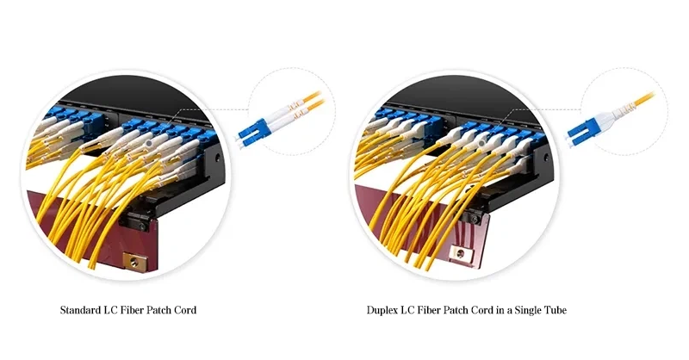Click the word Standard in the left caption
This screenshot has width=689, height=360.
click(80, 310)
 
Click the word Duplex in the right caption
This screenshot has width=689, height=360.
click(382, 311)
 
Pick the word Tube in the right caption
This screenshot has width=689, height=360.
click(556, 310)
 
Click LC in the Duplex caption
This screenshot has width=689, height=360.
click(407, 310)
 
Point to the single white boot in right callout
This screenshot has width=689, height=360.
click(614, 114)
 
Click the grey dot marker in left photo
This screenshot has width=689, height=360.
click(149, 143)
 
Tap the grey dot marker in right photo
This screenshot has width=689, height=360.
click(482, 143)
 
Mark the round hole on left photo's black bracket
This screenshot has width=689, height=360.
click(217, 158)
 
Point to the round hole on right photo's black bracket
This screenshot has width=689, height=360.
click(546, 158)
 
